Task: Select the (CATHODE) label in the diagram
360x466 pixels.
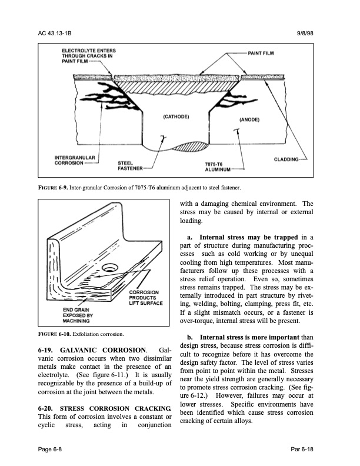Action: click(175, 116)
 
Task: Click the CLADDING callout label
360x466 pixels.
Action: click(290, 159)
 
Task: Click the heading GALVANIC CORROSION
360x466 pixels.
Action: click(101, 351)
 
